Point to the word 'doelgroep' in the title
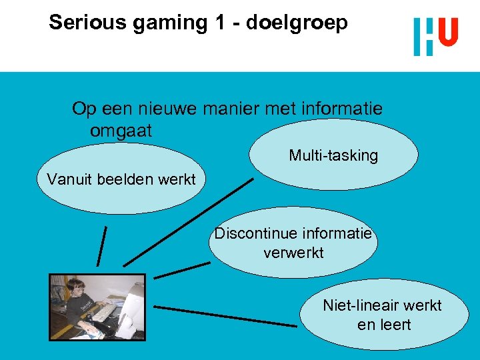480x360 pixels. [x=297, y=23]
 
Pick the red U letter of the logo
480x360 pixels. [x=449, y=32]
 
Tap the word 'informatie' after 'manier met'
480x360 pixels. [x=343, y=109]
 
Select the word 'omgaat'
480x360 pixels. [x=121, y=131]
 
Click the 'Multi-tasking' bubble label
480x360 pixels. [x=333, y=156]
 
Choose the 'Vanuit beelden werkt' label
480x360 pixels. [x=121, y=179]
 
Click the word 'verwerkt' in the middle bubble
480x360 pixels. [x=293, y=253]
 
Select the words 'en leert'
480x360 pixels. [x=384, y=325]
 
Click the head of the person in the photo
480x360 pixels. [x=75, y=289]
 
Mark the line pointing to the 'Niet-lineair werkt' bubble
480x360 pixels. [x=225, y=316]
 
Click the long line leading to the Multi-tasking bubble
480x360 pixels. [x=188, y=222]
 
